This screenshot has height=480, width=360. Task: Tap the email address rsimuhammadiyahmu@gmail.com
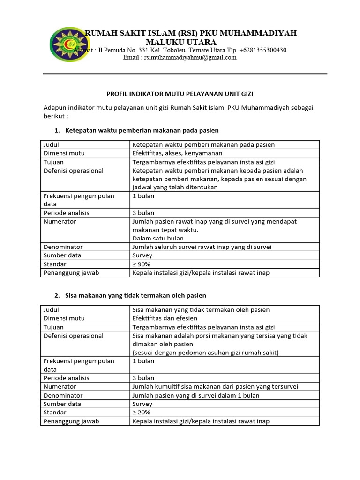[180, 58]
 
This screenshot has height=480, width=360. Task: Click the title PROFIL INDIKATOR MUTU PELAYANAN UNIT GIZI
[180, 94]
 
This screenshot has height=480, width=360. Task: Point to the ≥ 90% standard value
[142, 264]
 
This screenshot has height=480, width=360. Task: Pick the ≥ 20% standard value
[142, 412]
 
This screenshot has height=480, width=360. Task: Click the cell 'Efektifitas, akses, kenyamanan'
[177, 153]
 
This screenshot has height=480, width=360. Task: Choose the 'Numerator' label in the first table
[60, 221]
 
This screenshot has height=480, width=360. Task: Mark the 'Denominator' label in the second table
[63, 395]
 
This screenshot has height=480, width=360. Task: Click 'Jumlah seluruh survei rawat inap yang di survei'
[202, 247]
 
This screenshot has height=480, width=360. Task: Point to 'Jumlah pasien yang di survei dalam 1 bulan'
[196, 395]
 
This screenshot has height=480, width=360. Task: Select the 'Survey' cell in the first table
[142, 255]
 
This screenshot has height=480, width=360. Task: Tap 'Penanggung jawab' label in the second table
[71, 421]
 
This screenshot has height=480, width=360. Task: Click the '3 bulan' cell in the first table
[143, 213]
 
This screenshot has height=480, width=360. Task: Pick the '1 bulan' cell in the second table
[143, 361]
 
